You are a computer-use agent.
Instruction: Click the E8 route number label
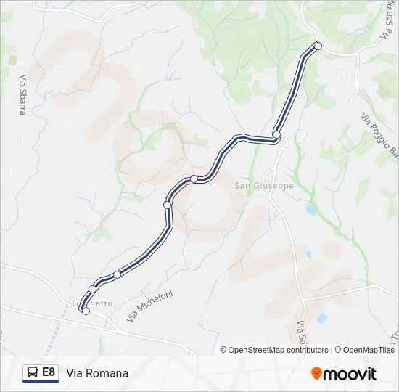(x=49, y=372)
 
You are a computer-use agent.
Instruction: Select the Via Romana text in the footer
(x=97, y=374)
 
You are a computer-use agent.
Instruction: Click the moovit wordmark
(x=350, y=374)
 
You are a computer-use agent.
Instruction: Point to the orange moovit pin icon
(x=317, y=374)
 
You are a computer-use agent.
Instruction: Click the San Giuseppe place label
(x=263, y=185)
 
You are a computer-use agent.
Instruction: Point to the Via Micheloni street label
(x=150, y=307)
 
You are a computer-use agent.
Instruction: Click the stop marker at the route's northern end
(x=318, y=46)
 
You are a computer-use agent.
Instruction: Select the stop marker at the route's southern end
(x=86, y=311)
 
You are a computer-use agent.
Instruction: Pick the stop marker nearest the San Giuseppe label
(x=276, y=134)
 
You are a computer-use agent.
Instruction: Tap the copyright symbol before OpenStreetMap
(x=223, y=350)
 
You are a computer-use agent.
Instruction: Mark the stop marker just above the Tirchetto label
(x=92, y=290)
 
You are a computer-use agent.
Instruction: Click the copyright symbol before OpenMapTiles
(x=340, y=350)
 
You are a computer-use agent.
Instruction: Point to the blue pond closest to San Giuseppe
(x=310, y=209)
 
